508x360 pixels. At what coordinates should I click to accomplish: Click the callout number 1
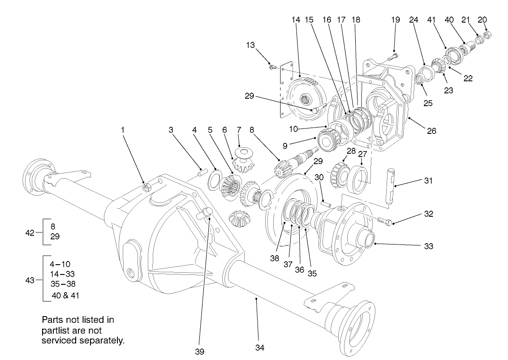[123, 130]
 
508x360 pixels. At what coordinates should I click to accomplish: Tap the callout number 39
[199, 351]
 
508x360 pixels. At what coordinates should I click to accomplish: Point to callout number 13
[250, 45]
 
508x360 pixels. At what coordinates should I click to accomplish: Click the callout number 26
[431, 132]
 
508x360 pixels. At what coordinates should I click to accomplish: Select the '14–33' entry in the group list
[63, 274]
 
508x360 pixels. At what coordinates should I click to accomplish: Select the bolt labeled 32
[385, 221]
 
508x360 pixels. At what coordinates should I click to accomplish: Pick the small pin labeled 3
[202, 171]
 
